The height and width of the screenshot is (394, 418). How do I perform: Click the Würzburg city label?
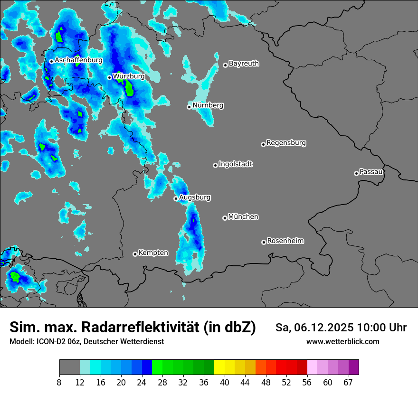(129, 76)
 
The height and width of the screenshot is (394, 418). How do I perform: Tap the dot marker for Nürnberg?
(189, 107)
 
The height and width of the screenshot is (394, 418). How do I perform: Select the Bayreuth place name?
(244, 63)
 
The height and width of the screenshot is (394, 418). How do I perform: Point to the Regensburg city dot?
(263, 144)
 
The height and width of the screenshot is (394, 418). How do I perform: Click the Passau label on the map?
(371, 171)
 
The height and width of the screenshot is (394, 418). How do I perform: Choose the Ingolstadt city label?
(236, 164)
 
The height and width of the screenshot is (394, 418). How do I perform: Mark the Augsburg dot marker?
(176, 198)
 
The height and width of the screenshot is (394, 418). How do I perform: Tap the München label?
(243, 217)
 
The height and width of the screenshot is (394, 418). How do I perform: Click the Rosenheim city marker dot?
(264, 242)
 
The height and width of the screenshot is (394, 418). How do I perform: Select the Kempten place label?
(153, 253)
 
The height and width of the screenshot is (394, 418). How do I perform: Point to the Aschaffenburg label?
(78, 60)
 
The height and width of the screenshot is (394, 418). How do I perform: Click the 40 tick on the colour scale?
(224, 382)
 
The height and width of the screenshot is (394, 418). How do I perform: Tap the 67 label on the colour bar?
(348, 382)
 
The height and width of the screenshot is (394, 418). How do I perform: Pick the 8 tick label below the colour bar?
(59, 382)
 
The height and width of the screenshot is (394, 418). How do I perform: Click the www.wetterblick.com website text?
(342, 341)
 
